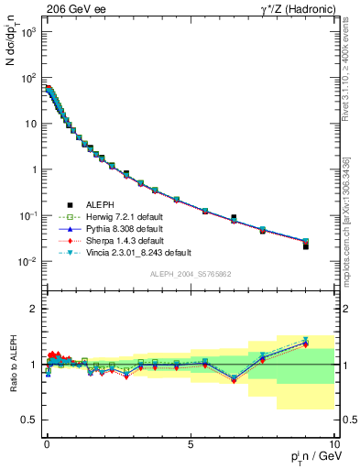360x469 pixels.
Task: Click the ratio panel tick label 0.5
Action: tap(27, 420)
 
